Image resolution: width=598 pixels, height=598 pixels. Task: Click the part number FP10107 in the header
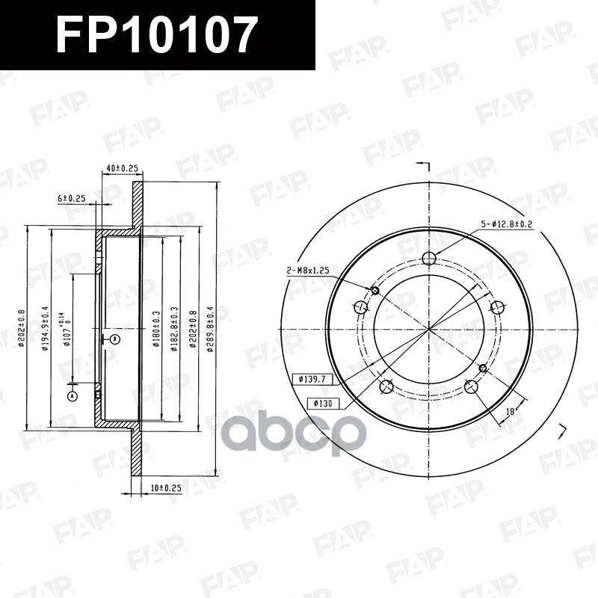click(156, 35)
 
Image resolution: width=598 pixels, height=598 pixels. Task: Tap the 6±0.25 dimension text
click(72, 198)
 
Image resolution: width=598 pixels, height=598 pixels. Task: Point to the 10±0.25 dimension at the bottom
click(165, 487)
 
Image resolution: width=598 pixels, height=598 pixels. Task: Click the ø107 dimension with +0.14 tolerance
click(68, 329)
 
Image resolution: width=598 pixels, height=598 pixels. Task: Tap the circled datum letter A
click(72, 395)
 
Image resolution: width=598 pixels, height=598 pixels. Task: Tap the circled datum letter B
click(114, 339)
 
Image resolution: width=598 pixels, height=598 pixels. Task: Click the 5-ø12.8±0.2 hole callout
click(506, 224)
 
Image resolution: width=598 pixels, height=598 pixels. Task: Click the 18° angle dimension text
click(511, 412)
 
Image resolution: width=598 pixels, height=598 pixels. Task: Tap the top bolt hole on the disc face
click(429, 259)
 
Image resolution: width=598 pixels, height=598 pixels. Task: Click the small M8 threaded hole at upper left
click(376, 290)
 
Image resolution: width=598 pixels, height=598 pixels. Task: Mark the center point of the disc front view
click(429, 328)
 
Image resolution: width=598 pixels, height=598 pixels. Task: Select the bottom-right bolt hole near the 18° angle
click(471, 386)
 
